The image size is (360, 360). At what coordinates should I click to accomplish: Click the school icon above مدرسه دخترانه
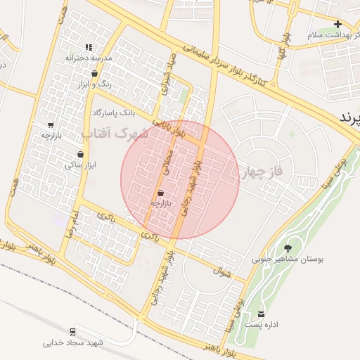coord(89,47)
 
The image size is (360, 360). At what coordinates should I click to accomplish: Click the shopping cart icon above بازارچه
coord(51,124)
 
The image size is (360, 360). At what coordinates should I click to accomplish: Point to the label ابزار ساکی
coord(79,165)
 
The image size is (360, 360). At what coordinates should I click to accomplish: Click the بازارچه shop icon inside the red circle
coord(161,192)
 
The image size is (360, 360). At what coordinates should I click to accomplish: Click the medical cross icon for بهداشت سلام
coord(337,23)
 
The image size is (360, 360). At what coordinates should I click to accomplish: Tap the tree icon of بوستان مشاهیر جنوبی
coord(288,247)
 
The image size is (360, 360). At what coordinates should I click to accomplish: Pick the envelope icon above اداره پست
coord(262,314)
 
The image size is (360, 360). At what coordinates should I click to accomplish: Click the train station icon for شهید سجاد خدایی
coord(73,330)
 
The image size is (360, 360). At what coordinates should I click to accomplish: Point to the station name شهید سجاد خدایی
coord(73,343)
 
